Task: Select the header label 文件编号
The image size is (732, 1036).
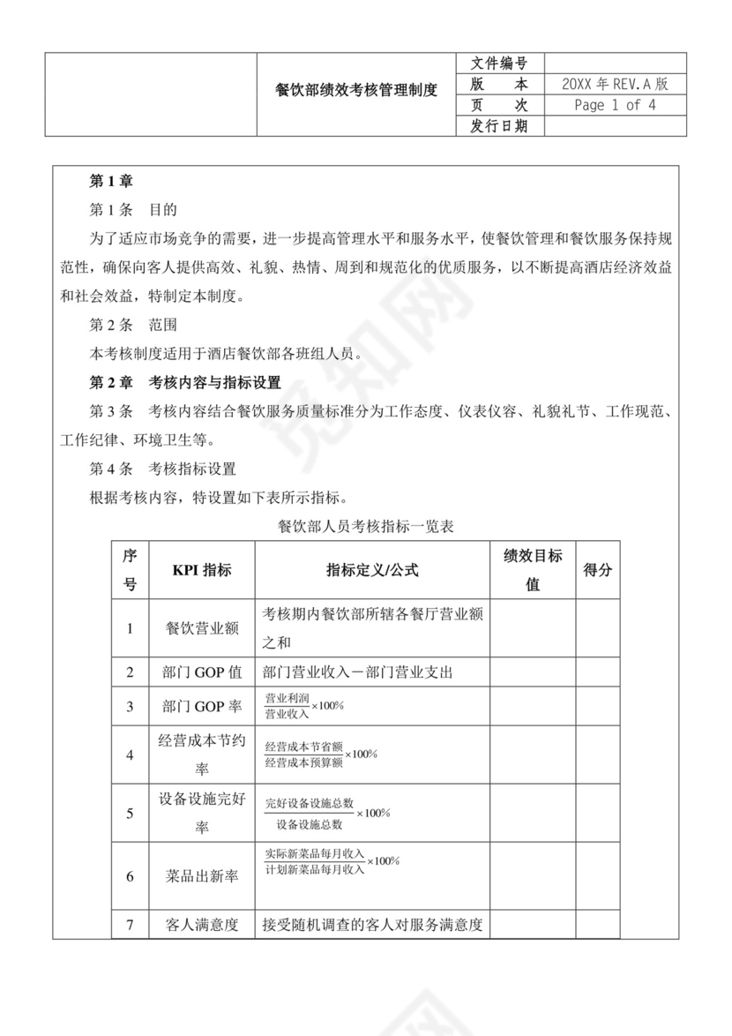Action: (x=499, y=64)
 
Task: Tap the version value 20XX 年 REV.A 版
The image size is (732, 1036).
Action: (x=615, y=85)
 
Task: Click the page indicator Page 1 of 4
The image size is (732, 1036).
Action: (x=615, y=106)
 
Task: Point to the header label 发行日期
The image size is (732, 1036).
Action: (x=499, y=126)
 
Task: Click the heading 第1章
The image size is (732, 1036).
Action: (x=111, y=182)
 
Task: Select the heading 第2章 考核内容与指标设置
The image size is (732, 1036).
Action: (x=185, y=383)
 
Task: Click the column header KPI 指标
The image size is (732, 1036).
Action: (x=202, y=570)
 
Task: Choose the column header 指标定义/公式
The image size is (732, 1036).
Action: (x=372, y=570)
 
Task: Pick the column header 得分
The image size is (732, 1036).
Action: (x=597, y=570)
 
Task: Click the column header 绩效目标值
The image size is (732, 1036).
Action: (x=533, y=570)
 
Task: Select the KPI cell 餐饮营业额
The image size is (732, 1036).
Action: (x=202, y=628)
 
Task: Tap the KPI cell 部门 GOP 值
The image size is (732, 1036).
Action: (x=202, y=672)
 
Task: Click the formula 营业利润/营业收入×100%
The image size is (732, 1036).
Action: (x=304, y=705)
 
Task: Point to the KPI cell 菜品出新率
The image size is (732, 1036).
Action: (x=202, y=876)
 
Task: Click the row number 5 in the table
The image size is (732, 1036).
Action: (x=130, y=813)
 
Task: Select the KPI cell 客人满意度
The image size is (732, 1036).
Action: (x=202, y=925)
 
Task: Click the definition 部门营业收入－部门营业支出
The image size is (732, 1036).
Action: (x=357, y=672)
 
